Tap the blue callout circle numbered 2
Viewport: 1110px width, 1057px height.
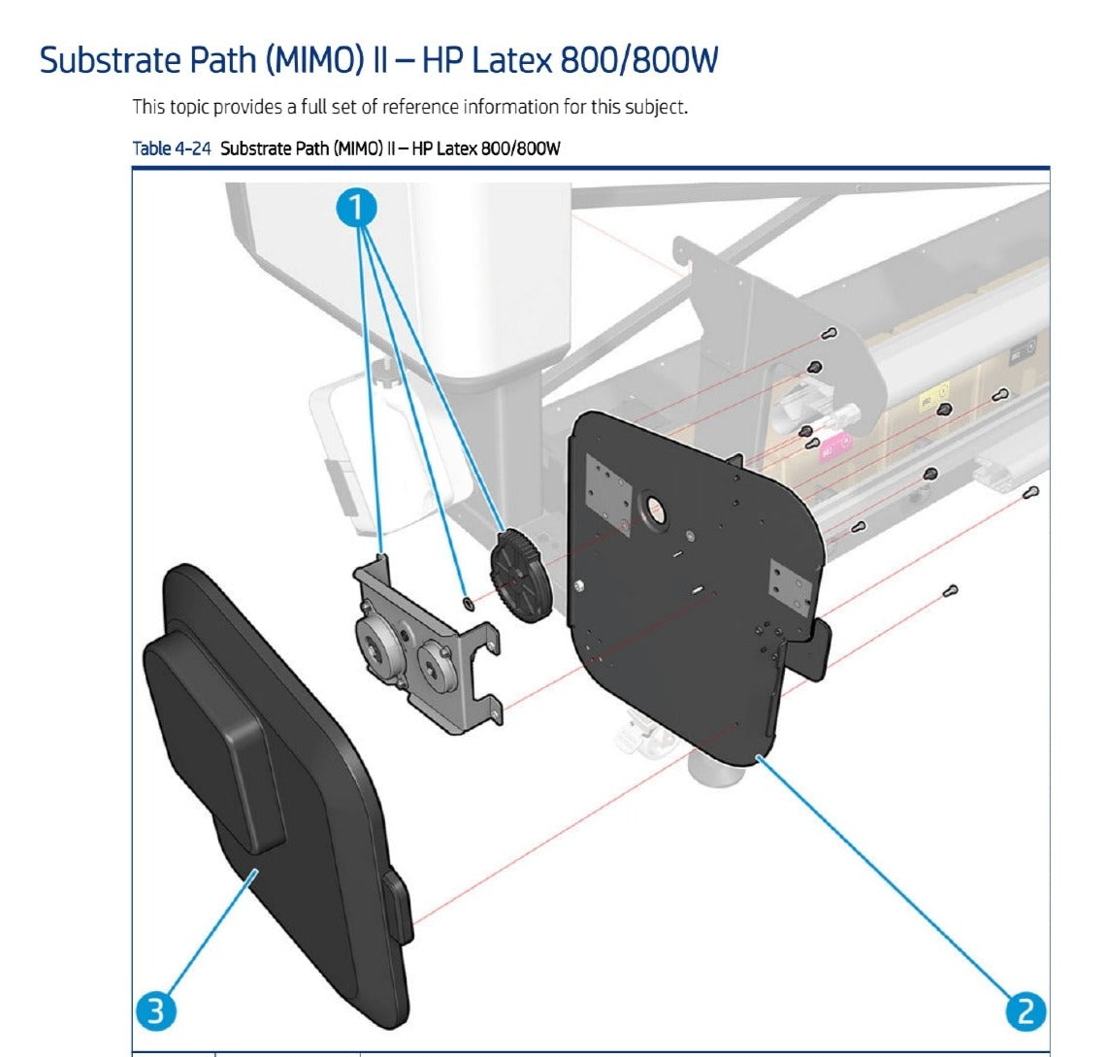point(1026,1011)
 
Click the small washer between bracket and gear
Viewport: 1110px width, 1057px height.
point(469,605)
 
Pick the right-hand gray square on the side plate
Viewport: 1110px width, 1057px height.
point(789,591)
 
